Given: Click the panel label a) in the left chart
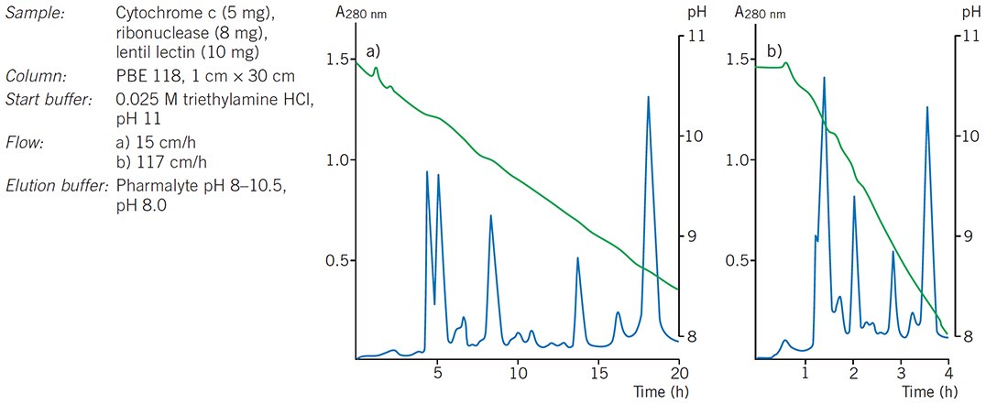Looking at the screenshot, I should click(x=373, y=52).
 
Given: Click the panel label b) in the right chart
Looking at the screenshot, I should click(x=774, y=51).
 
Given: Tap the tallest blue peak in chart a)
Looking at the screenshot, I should click(x=649, y=97).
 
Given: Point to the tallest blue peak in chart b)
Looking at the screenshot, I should click(x=824, y=79).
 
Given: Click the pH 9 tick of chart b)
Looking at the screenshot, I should click(x=966, y=236).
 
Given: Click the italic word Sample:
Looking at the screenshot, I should click(x=31, y=15).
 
